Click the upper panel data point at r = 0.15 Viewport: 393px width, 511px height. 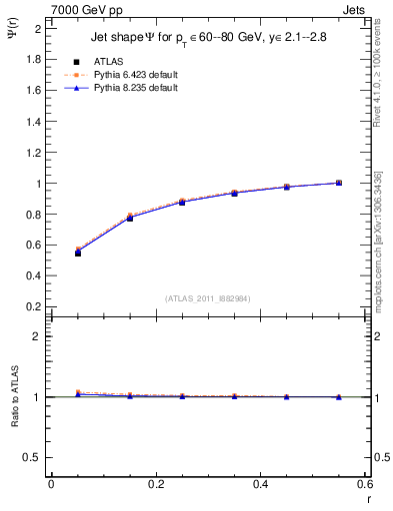[130, 218]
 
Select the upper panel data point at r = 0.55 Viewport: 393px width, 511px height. [339, 183]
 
